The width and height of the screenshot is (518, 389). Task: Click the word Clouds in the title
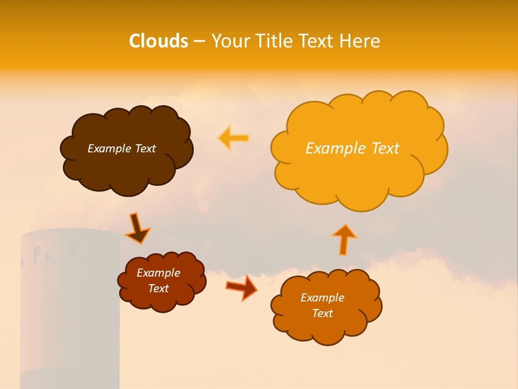pos(159,41)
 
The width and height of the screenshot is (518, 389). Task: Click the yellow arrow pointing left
pos(233,138)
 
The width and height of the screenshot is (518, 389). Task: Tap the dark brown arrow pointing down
pos(137,229)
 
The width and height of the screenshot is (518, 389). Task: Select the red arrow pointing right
pos(241,287)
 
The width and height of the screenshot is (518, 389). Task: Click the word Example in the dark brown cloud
pos(110,149)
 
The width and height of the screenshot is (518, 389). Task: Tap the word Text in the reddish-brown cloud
pos(159,289)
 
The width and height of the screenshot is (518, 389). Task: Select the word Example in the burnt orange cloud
pos(322,298)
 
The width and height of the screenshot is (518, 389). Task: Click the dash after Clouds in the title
pos(199,42)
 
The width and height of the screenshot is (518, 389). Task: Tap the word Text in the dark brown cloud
pos(145,149)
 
